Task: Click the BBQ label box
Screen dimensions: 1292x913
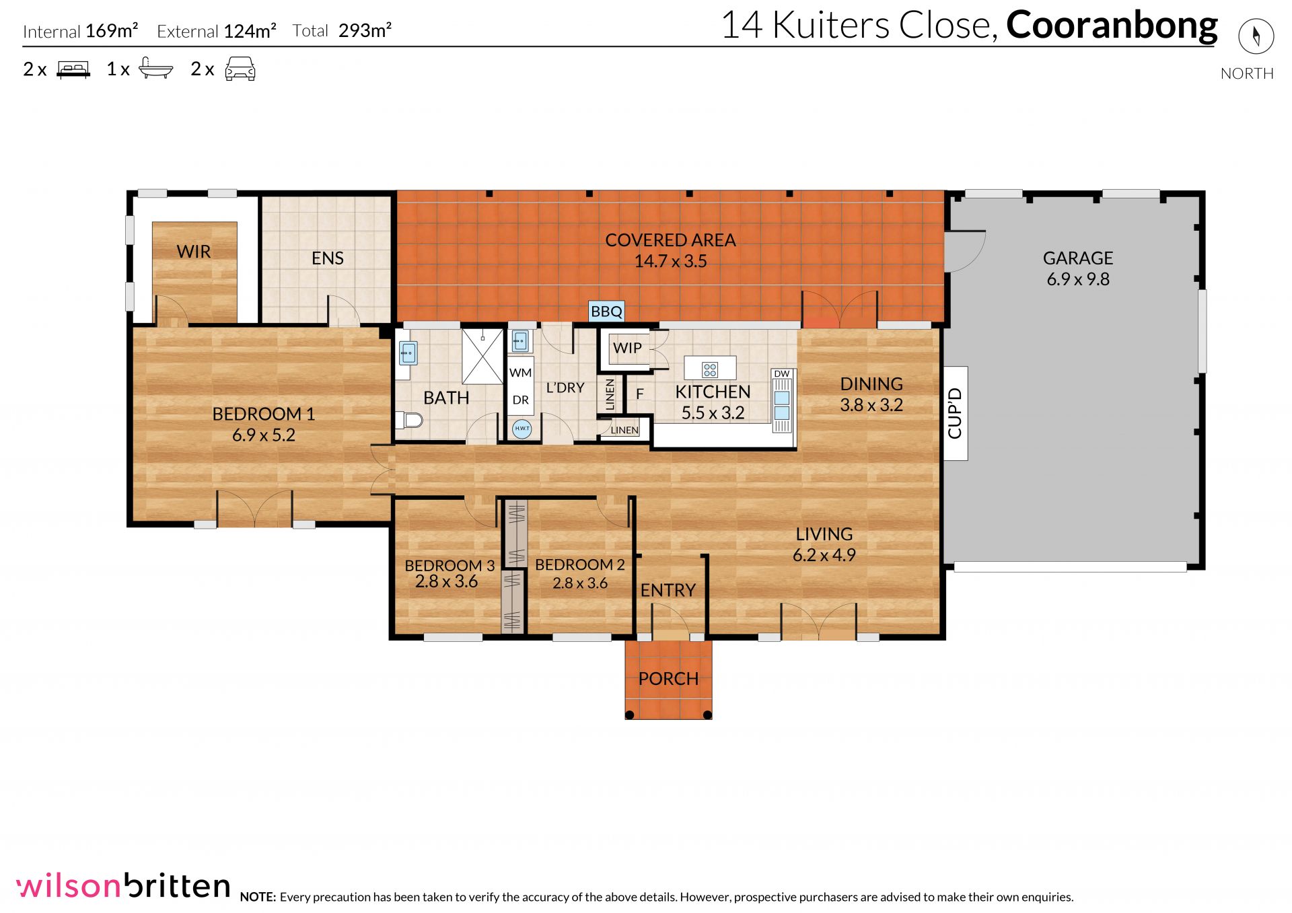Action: pyautogui.click(x=606, y=312)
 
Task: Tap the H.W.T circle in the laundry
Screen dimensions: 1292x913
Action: pyautogui.click(x=522, y=428)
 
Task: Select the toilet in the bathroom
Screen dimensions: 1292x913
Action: pyautogui.click(x=408, y=421)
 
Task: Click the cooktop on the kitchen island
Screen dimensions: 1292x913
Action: pyautogui.click(x=710, y=369)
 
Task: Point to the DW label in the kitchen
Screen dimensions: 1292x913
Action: pyautogui.click(x=782, y=373)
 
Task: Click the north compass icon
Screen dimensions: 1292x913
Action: pyautogui.click(x=1256, y=36)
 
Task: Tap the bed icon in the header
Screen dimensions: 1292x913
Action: pyautogui.click(x=73, y=69)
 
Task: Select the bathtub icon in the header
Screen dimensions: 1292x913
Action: pyautogui.click(x=156, y=69)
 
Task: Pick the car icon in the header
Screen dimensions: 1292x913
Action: pyautogui.click(x=240, y=69)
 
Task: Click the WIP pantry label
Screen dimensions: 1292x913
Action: pyautogui.click(x=627, y=348)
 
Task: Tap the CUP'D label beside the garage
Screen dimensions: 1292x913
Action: pyautogui.click(x=955, y=413)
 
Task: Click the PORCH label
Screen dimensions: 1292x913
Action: pyautogui.click(x=668, y=678)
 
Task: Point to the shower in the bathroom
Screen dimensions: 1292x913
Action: pyautogui.click(x=482, y=357)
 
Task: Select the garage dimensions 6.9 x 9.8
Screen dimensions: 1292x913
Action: pyautogui.click(x=1078, y=279)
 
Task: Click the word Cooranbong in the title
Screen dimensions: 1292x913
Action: pyautogui.click(x=1112, y=26)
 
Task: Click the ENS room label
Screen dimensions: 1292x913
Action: pyautogui.click(x=328, y=258)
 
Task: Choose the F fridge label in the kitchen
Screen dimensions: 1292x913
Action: pyautogui.click(x=640, y=394)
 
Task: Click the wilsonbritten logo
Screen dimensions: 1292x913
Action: pyautogui.click(x=124, y=885)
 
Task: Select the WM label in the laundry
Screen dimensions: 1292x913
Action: pyautogui.click(x=521, y=373)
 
